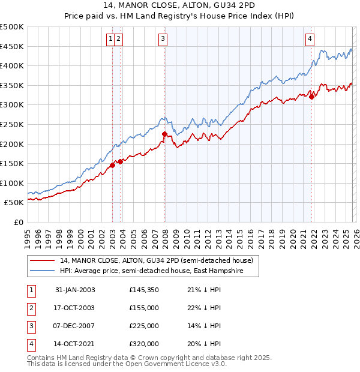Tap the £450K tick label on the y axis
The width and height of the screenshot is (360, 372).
pos(12,46)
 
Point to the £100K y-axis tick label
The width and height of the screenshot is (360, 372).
pos(12,183)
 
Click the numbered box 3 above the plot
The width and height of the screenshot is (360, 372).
pos(163,40)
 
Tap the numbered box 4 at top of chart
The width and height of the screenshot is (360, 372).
pos(310,40)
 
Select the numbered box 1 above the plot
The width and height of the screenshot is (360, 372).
pos(111,40)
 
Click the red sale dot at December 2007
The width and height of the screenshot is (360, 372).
pos(164,134)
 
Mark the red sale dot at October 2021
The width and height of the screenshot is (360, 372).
pos(311,97)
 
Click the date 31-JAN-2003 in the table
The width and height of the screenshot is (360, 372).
pos(75,290)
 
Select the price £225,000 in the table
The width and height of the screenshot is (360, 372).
pos(144,326)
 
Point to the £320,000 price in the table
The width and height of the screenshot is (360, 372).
pos(144,344)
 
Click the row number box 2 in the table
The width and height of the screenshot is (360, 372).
pos(31,308)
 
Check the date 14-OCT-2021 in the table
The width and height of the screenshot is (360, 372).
pos(75,344)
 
